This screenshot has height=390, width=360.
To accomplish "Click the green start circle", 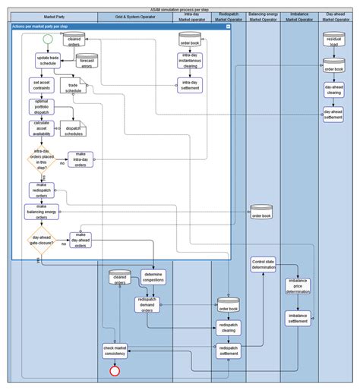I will [48, 38].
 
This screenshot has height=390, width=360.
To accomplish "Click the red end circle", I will [115, 370].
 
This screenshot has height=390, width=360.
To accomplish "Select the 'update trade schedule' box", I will [47, 60].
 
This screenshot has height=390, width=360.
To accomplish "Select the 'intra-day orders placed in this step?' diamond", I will [42, 161].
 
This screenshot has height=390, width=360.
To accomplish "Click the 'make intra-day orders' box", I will [81, 159].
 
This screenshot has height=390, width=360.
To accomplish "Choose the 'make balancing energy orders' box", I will [42, 211].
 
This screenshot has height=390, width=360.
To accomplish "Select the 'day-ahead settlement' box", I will [333, 114].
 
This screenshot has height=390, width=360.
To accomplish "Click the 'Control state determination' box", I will [263, 265].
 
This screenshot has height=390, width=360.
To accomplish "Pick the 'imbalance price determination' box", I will [298, 286].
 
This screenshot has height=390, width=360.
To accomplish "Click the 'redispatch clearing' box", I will [228, 328].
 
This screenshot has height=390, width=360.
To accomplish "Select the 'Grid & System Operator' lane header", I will [135, 15].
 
